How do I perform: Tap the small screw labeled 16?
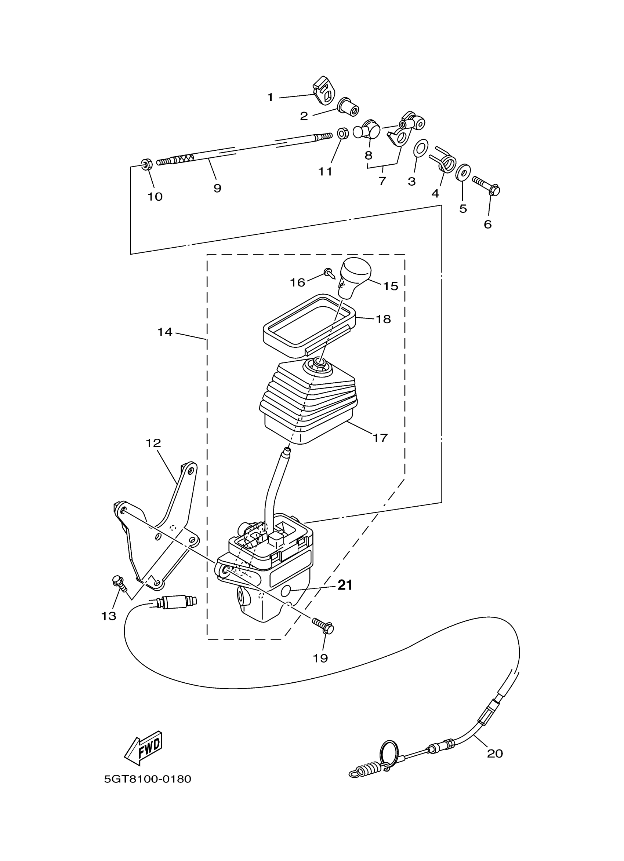329,272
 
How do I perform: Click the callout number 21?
345,585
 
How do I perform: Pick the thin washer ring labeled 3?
420,148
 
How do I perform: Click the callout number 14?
165,332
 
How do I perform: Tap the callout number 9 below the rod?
217,188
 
